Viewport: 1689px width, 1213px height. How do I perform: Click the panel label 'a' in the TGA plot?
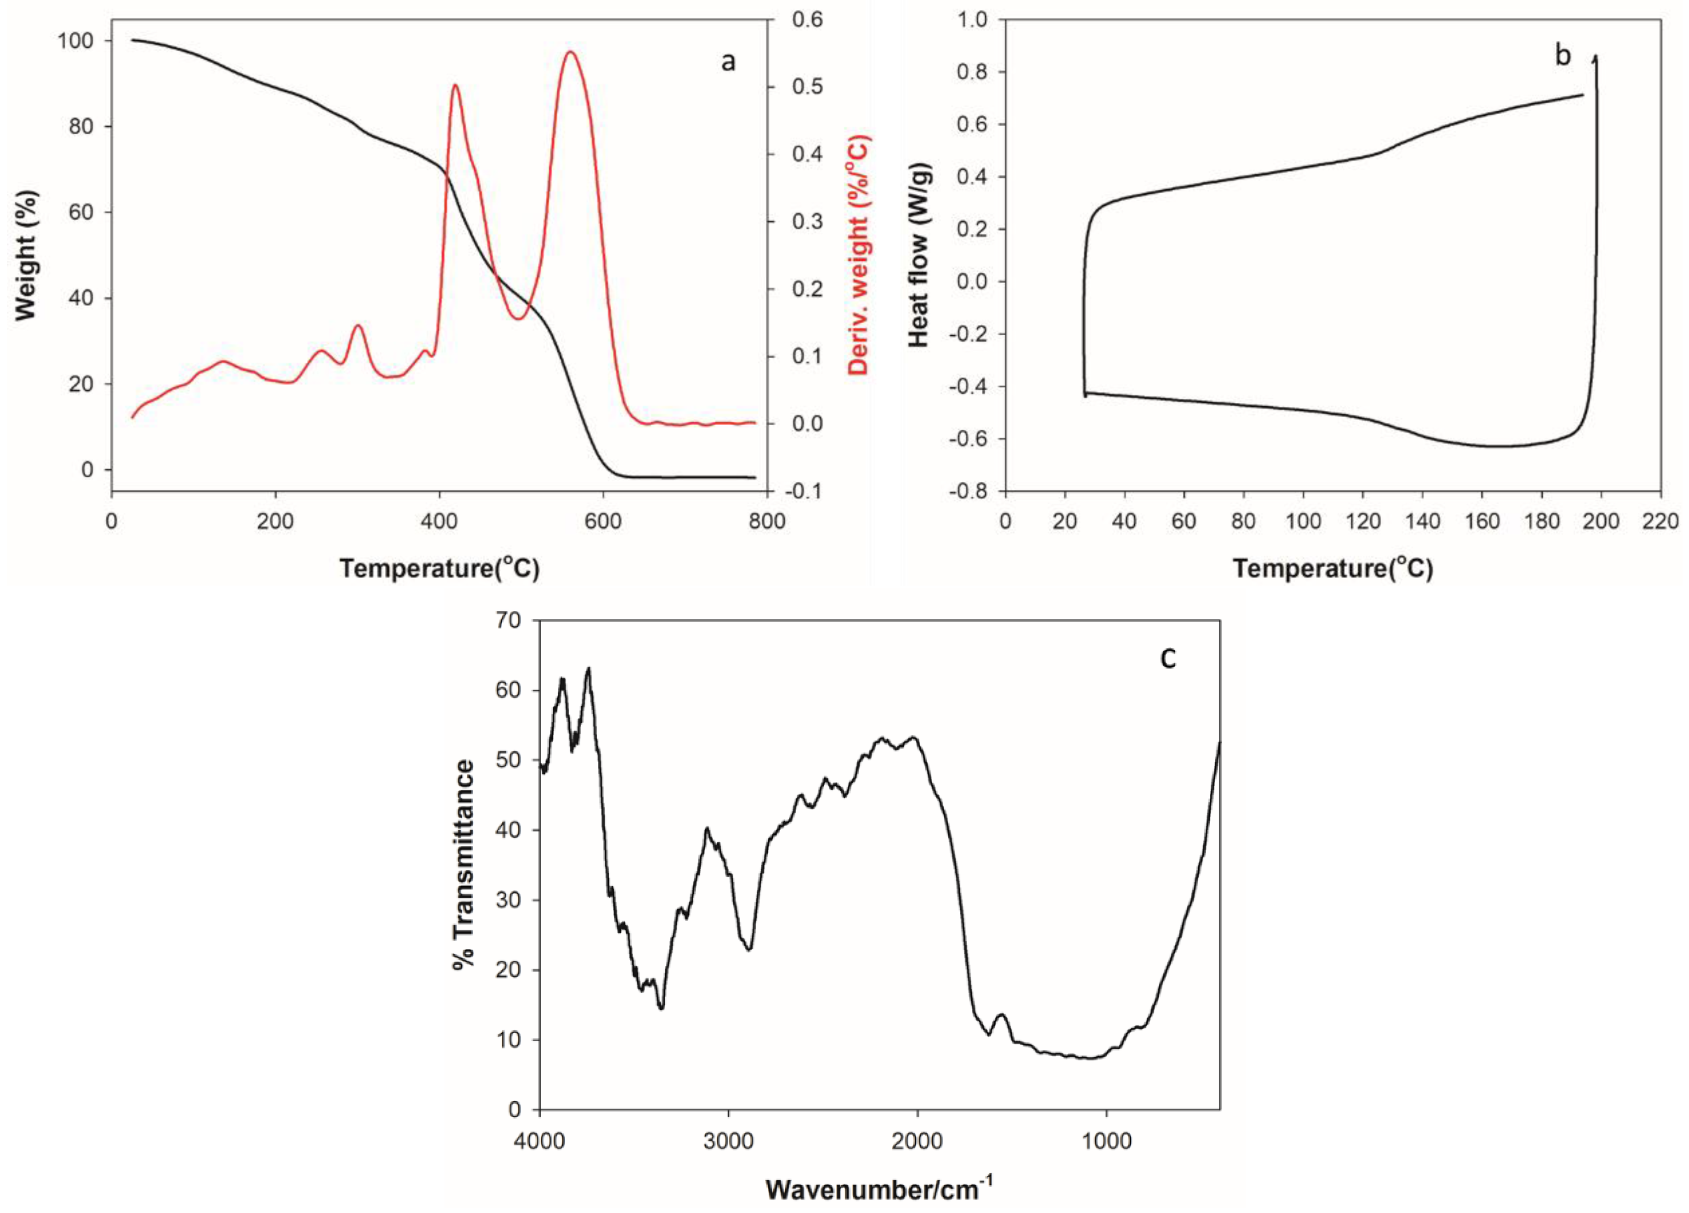pos(728,62)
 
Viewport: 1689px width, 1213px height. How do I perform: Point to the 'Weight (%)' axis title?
pos(26,255)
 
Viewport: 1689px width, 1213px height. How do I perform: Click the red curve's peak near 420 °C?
pos(455,85)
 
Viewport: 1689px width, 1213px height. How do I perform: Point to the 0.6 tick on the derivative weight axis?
pos(806,19)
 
